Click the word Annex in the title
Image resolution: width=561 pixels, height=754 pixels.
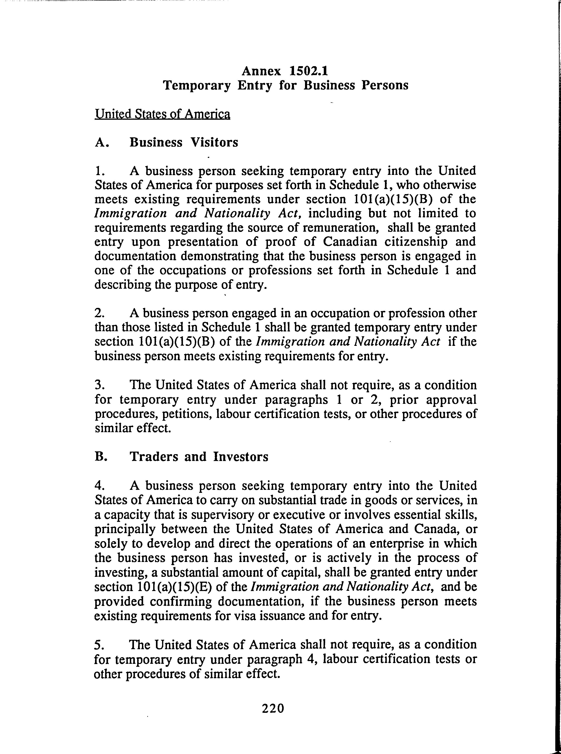point(261,71)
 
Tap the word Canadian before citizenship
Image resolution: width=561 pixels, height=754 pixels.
point(350,242)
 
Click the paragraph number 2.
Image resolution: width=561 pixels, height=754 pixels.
point(98,313)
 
